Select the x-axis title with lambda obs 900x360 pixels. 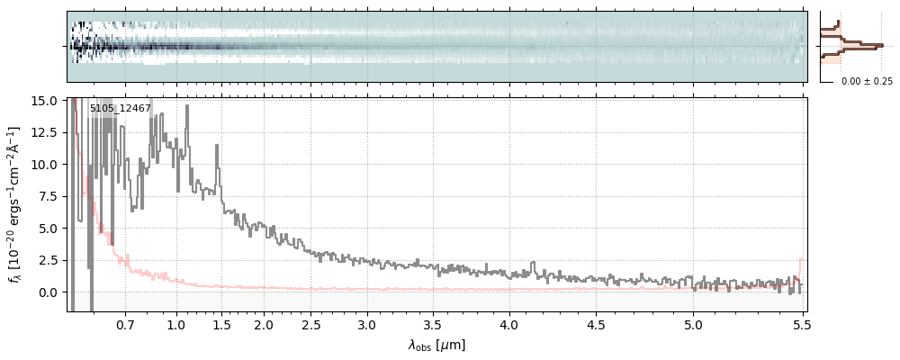point(436,345)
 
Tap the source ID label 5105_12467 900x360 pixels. point(121,109)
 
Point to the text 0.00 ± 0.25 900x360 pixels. point(867,82)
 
